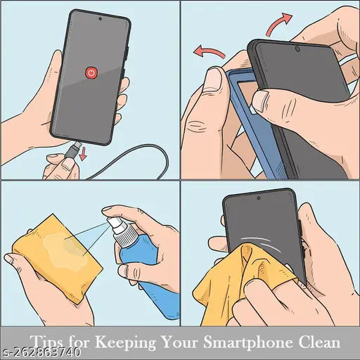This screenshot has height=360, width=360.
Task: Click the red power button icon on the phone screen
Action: pos(91,72)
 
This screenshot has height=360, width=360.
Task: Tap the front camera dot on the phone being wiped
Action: pos(260,198)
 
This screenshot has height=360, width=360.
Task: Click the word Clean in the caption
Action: pos(319,342)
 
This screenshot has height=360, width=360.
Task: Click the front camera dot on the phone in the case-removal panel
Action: pos(297,50)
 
